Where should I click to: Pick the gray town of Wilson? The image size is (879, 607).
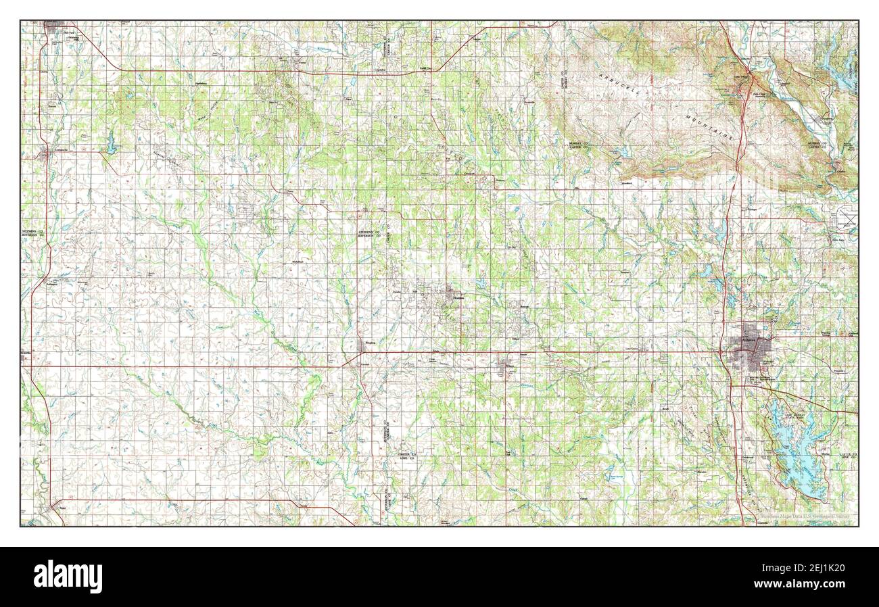click(x=506, y=365)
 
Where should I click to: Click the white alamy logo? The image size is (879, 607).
click(x=68, y=576)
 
